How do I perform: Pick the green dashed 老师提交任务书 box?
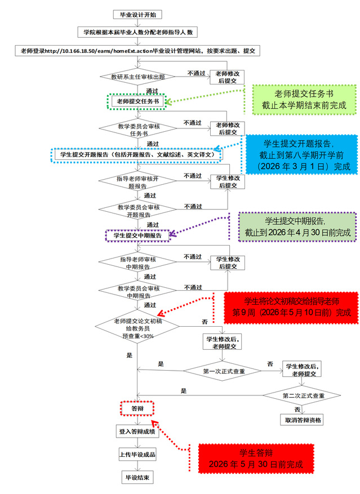pos(137,101)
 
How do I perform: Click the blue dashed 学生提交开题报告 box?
pos(137,154)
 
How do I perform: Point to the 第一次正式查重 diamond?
pos(224,371)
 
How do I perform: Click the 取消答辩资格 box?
pos(303,421)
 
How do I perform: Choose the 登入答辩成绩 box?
pos(137,431)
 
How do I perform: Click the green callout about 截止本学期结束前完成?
pos(303,100)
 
